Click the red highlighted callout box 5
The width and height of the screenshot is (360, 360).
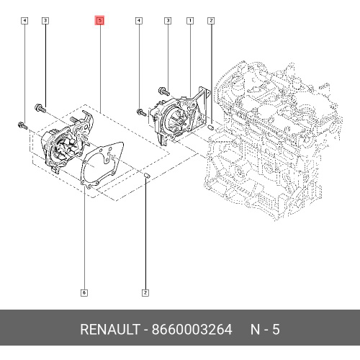coord(100,20)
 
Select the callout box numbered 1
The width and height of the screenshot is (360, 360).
coord(190,21)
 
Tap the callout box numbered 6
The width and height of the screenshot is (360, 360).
coord(84,293)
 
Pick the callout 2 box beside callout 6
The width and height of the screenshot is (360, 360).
coord(145,293)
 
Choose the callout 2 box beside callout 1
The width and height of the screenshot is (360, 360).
coord(211,21)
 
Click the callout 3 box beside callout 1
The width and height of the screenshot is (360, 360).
coord(168,21)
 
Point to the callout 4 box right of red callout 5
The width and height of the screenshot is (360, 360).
coord(139,21)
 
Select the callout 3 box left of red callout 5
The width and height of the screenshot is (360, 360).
coord(45,21)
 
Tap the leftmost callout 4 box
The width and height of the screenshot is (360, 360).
coord(24,21)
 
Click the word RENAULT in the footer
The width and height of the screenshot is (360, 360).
coord(110,329)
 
